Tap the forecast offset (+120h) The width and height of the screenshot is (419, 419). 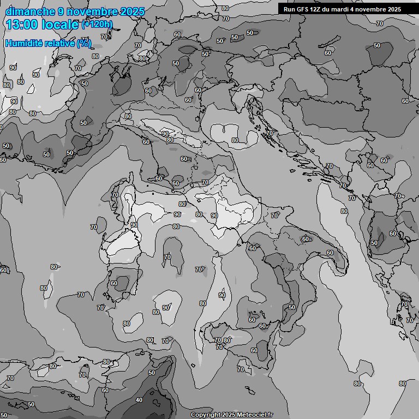[x=97, y=24]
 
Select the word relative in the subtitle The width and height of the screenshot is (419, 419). [x=60, y=43]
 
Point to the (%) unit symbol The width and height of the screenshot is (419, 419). [x=84, y=43]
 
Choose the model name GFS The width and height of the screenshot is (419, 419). [x=302, y=9]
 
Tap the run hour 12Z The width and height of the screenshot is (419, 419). [x=316, y=9]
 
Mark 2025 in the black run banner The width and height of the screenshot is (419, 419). [x=394, y=9]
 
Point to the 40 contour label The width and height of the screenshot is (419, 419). [x=139, y=400]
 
